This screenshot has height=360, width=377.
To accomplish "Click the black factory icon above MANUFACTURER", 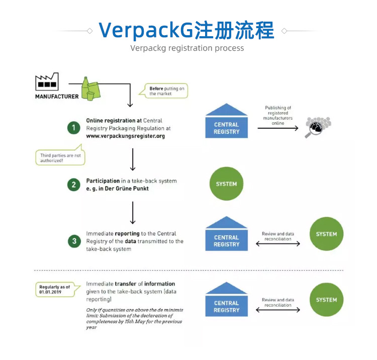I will [x=47, y=82].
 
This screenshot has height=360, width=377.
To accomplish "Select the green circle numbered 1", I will [x=74, y=128].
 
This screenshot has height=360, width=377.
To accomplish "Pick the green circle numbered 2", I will [x=74, y=185].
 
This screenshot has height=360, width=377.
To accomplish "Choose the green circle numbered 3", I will [x=74, y=241].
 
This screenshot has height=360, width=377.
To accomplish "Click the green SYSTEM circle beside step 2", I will [x=226, y=184].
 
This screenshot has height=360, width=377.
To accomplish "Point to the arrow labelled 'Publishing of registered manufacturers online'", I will [x=277, y=128].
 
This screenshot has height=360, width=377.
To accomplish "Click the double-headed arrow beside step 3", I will [x=277, y=244].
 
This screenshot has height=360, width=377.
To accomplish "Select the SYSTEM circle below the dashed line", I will [x=326, y=300].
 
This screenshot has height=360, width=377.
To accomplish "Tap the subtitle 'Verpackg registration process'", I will [x=187, y=48].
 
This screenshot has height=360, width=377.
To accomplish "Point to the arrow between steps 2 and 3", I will [x=133, y=212].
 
